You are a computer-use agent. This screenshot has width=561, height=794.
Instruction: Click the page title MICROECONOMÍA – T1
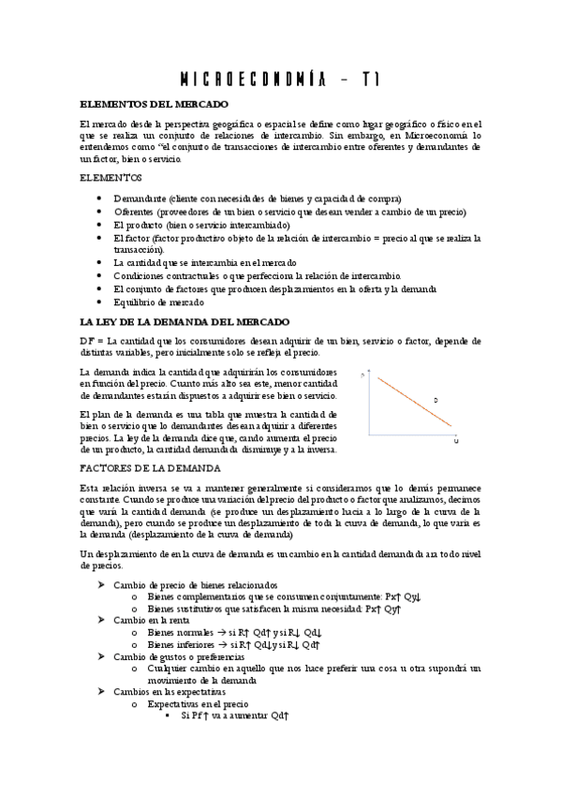click(x=280, y=81)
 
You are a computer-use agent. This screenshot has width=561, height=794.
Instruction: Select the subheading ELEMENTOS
click(x=111, y=177)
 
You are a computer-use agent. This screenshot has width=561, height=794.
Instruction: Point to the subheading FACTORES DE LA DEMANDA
click(x=150, y=467)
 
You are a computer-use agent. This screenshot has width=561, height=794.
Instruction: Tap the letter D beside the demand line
click(x=436, y=400)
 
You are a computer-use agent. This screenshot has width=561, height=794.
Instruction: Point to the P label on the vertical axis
click(x=362, y=375)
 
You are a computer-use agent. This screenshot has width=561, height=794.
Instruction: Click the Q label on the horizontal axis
click(x=455, y=440)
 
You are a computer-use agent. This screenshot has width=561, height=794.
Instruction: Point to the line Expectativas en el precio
click(x=199, y=703)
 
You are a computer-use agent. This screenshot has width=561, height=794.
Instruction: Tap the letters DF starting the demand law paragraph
click(x=87, y=341)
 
